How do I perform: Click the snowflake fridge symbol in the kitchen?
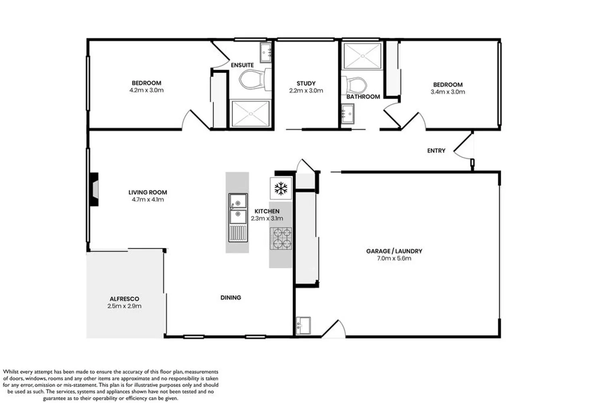click(x=281, y=188)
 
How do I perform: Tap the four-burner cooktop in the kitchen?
click(x=281, y=239)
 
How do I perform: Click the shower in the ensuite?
click(x=251, y=114)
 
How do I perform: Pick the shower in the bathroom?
click(x=363, y=56)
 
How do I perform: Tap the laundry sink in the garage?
click(x=303, y=326)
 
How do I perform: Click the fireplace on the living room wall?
click(x=94, y=189)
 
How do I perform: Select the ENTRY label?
click(x=436, y=151)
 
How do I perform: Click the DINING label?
click(x=231, y=297)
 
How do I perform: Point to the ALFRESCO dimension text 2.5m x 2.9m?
click(x=124, y=306)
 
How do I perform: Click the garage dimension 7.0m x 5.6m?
click(x=394, y=258)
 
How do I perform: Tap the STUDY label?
click(x=306, y=83)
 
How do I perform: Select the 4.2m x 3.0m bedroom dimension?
click(x=147, y=90)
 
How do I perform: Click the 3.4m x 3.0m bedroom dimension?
click(x=448, y=92)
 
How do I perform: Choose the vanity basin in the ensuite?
click(x=266, y=52)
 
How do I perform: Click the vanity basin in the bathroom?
click(x=348, y=114)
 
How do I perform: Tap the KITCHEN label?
click(x=267, y=211)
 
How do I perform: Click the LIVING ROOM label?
click(x=147, y=193)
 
